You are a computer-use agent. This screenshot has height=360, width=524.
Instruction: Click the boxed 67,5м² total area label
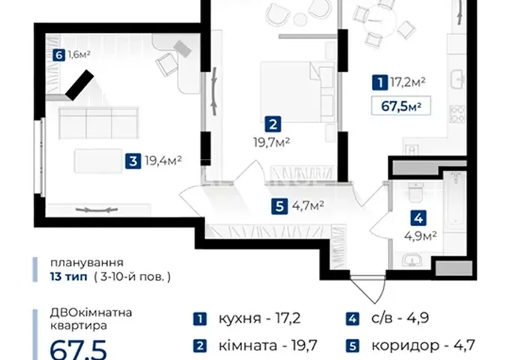401,106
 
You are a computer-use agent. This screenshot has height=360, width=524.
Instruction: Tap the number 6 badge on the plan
59,55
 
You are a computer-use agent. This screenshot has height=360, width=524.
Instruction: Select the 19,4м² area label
163,161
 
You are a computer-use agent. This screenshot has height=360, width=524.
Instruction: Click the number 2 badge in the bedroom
273,124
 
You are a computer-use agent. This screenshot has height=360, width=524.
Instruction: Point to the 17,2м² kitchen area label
408,82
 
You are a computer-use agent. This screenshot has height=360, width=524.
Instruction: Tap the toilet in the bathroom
416,192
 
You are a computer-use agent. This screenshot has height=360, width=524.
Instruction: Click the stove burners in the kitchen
458,114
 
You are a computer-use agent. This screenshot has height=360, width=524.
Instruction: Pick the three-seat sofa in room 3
99,123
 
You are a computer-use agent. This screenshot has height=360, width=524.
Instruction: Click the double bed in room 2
297,91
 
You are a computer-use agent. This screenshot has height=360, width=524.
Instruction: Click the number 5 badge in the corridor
279,207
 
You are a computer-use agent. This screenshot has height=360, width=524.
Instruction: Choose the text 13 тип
69,277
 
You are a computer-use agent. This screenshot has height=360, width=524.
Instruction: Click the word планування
87,263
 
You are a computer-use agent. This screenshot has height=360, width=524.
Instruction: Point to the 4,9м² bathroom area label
421,237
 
